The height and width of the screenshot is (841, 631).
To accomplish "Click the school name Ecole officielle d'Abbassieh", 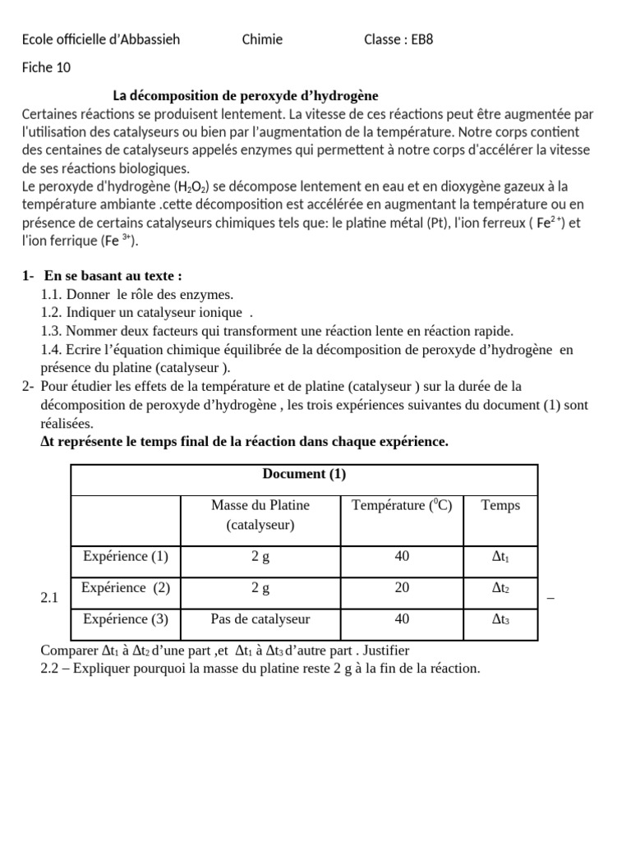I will tap(101, 39).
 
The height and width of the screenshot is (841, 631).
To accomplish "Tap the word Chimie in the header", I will tap(263, 39).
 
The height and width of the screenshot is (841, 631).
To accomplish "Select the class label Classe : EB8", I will tap(398, 39).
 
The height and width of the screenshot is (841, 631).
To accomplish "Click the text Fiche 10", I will tap(46, 68).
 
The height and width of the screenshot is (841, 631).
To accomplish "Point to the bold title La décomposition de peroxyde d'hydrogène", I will tap(246, 96).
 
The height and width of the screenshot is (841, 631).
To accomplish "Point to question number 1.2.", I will tap(51, 312).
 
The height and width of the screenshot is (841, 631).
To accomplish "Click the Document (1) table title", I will tap(304, 474).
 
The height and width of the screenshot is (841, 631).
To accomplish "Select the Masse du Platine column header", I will tap(260, 514).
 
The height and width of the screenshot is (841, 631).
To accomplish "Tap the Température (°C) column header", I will tap(402, 505).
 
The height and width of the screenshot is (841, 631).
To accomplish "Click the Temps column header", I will tap(500, 505).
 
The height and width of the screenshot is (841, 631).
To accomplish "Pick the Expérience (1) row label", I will tap(125, 556).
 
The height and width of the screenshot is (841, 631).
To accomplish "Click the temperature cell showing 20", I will tap(402, 587).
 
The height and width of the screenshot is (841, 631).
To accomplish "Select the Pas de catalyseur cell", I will tap(260, 618).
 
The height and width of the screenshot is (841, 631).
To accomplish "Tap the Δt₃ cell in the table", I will tap(500, 619).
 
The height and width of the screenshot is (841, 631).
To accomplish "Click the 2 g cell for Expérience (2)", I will tap(260, 587).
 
